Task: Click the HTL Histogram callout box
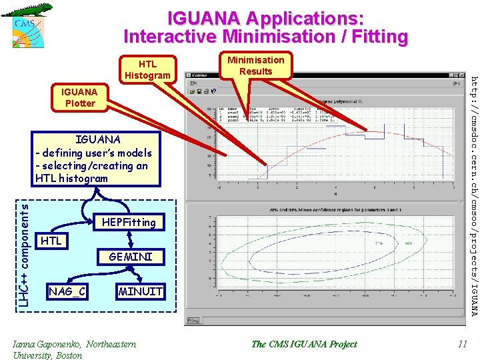coord(147,69)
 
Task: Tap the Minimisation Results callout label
coord(256,65)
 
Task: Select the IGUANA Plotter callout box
coord(79,97)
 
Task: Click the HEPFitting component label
coord(129,222)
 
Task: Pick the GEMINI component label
coord(131,257)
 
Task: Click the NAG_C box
coord(67,291)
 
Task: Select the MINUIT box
coord(140,291)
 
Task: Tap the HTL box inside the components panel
coord(51,241)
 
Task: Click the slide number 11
coord(462,344)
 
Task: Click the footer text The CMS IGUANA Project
coord(304,344)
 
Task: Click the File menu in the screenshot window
coord(193,83)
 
